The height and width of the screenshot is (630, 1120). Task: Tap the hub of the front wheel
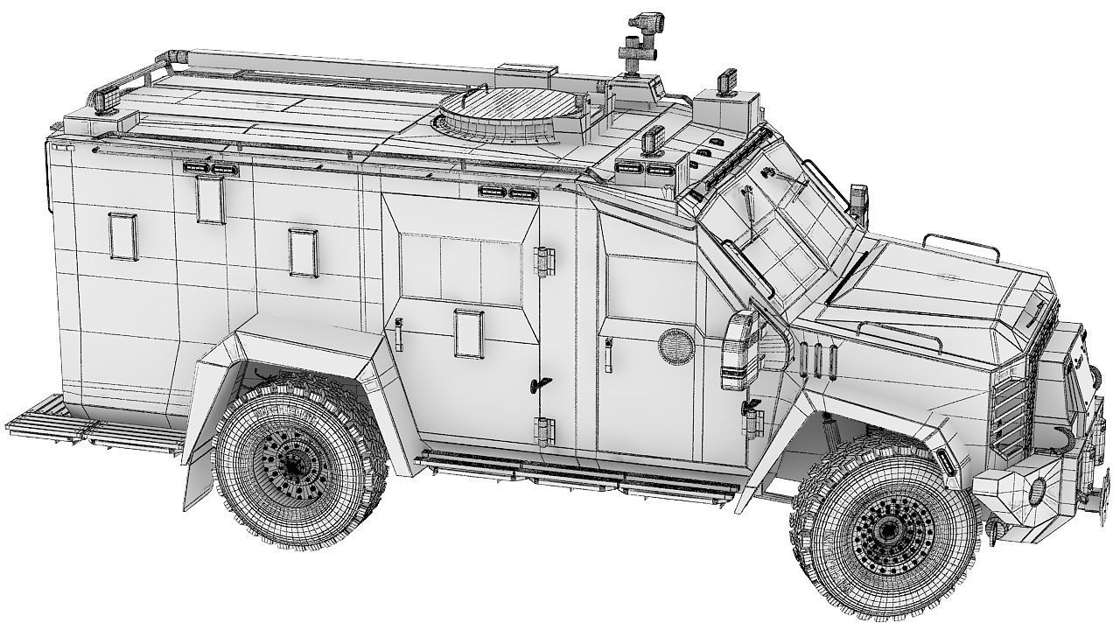point(887,528)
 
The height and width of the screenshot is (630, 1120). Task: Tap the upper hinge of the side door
point(545,261)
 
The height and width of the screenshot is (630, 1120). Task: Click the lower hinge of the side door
point(545,430)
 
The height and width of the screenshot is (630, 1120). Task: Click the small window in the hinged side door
point(469,332)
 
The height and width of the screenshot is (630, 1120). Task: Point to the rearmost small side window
point(123,235)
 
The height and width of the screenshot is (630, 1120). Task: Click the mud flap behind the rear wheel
point(197,481)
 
